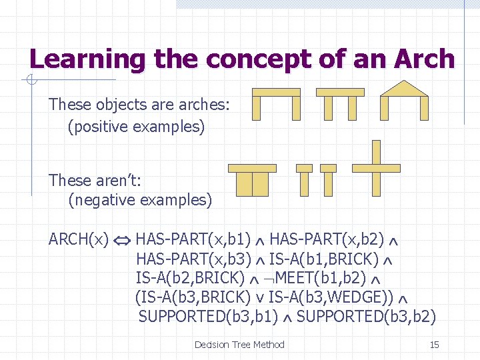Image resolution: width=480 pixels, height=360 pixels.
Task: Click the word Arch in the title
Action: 425,59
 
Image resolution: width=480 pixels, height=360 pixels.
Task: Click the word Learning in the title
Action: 87,59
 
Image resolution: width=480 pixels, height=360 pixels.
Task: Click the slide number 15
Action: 434,345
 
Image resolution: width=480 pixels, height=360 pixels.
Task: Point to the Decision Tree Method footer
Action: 239,345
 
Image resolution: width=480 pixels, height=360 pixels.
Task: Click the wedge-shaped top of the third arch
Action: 403,89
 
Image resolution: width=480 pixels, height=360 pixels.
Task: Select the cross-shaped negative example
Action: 376,167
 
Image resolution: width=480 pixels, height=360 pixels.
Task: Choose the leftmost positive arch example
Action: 276,103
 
